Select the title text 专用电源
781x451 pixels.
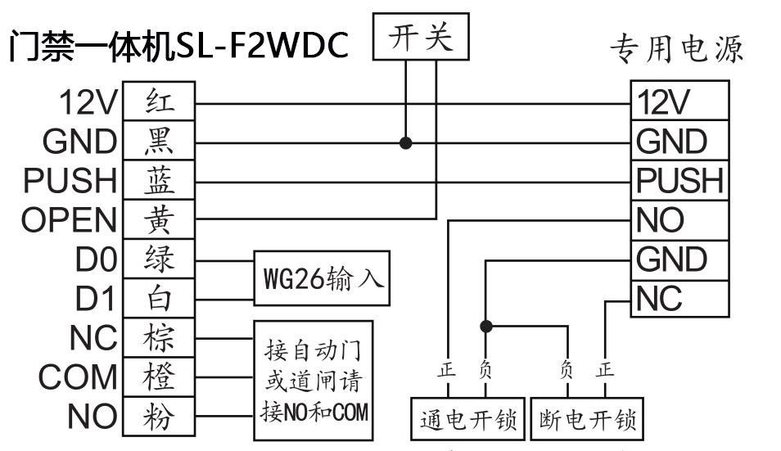[676, 50]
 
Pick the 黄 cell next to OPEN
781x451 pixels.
[159, 219]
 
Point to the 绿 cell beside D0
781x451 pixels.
[159, 259]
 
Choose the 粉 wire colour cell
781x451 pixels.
[159, 416]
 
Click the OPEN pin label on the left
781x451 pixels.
[58, 220]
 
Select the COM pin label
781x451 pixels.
[79, 377]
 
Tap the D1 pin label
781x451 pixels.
[97, 299]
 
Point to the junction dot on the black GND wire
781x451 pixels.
[405, 143]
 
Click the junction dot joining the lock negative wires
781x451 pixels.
[486, 326]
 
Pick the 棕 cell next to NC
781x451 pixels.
[159, 337]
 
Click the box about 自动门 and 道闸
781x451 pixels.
[312, 377]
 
